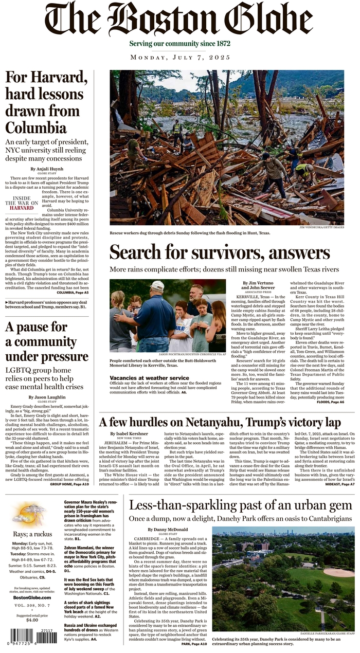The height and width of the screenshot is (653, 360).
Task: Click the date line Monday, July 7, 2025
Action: coord(180,57)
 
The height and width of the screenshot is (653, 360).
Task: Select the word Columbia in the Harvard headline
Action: coord(36,127)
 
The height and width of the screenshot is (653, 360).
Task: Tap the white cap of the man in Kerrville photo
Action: coord(157,285)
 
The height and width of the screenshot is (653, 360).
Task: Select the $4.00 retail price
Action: coord(31,620)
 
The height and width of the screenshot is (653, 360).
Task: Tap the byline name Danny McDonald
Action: coord(167,530)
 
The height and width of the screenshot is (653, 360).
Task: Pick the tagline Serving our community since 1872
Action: coord(179,44)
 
